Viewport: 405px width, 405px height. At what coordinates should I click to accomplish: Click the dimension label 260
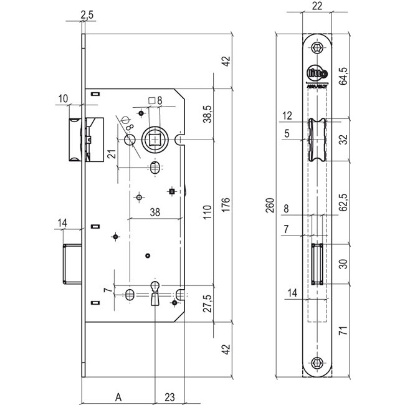[x=270, y=205]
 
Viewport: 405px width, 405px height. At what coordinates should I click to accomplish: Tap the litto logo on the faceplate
[x=317, y=73]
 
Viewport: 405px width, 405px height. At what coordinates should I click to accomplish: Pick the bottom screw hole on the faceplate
[x=318, y=363]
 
